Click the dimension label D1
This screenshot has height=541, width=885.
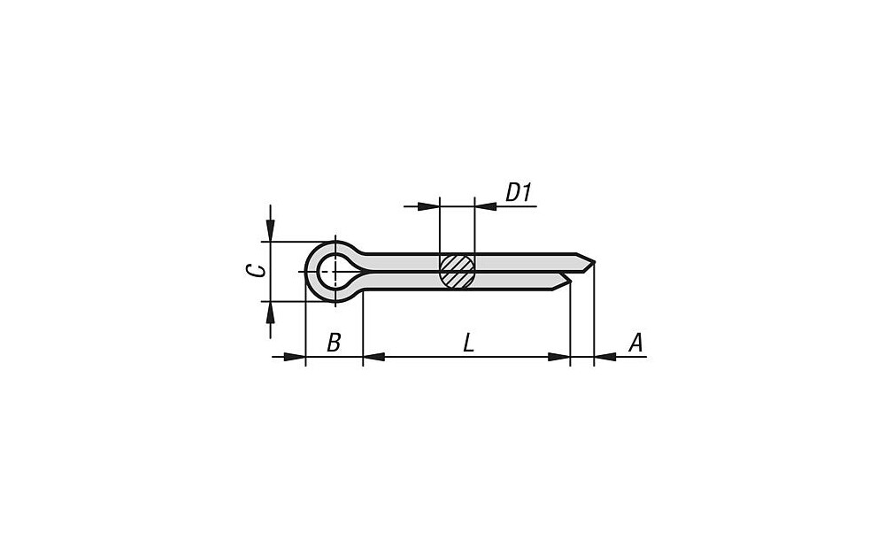(x=519, y=192)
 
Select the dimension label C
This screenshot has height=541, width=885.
(x=257, y=271)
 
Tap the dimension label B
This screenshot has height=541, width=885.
(x=335, y=342)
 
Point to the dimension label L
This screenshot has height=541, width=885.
(x=468, y=343)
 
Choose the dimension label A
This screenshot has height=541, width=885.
(x=635, y=342)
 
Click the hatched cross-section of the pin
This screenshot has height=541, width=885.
(x=458, y=272)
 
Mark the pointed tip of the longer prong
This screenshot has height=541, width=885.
(x=595, y=262)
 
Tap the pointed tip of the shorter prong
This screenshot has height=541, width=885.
(x=571, y=280)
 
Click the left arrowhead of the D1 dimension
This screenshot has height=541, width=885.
(x=428, y=206)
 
